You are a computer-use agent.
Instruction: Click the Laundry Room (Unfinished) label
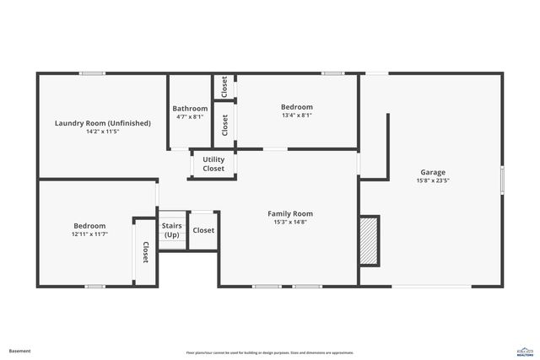click(102, 123)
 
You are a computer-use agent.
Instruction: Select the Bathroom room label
click(190, 108)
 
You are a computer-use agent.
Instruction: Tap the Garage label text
click(433, 172)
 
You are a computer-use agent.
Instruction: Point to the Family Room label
click(290, 213)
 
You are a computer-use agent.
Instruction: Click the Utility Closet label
click(213, 164)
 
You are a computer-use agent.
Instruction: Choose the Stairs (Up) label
click(172, 229)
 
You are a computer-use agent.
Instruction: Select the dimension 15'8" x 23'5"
click(433, 180)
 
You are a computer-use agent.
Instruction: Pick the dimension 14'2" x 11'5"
click(102, 132)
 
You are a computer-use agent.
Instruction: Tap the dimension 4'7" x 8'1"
click(190, 116)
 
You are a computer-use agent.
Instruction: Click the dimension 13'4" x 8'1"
click(296, 116)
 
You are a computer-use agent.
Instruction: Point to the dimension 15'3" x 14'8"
click(290, 223)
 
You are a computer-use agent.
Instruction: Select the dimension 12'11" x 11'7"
click(89, 234)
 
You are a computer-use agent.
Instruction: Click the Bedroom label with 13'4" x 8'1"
click(296, 107)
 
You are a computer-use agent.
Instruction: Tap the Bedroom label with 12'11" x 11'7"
click(89, 225)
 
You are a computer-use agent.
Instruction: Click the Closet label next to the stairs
click(203, 230)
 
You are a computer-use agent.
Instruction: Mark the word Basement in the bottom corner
click(19, 351)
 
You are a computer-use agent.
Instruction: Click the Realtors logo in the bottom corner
click(524, 351)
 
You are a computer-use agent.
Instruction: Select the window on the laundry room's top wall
click(92, 73)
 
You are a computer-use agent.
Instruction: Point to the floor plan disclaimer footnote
click(269, 352)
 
